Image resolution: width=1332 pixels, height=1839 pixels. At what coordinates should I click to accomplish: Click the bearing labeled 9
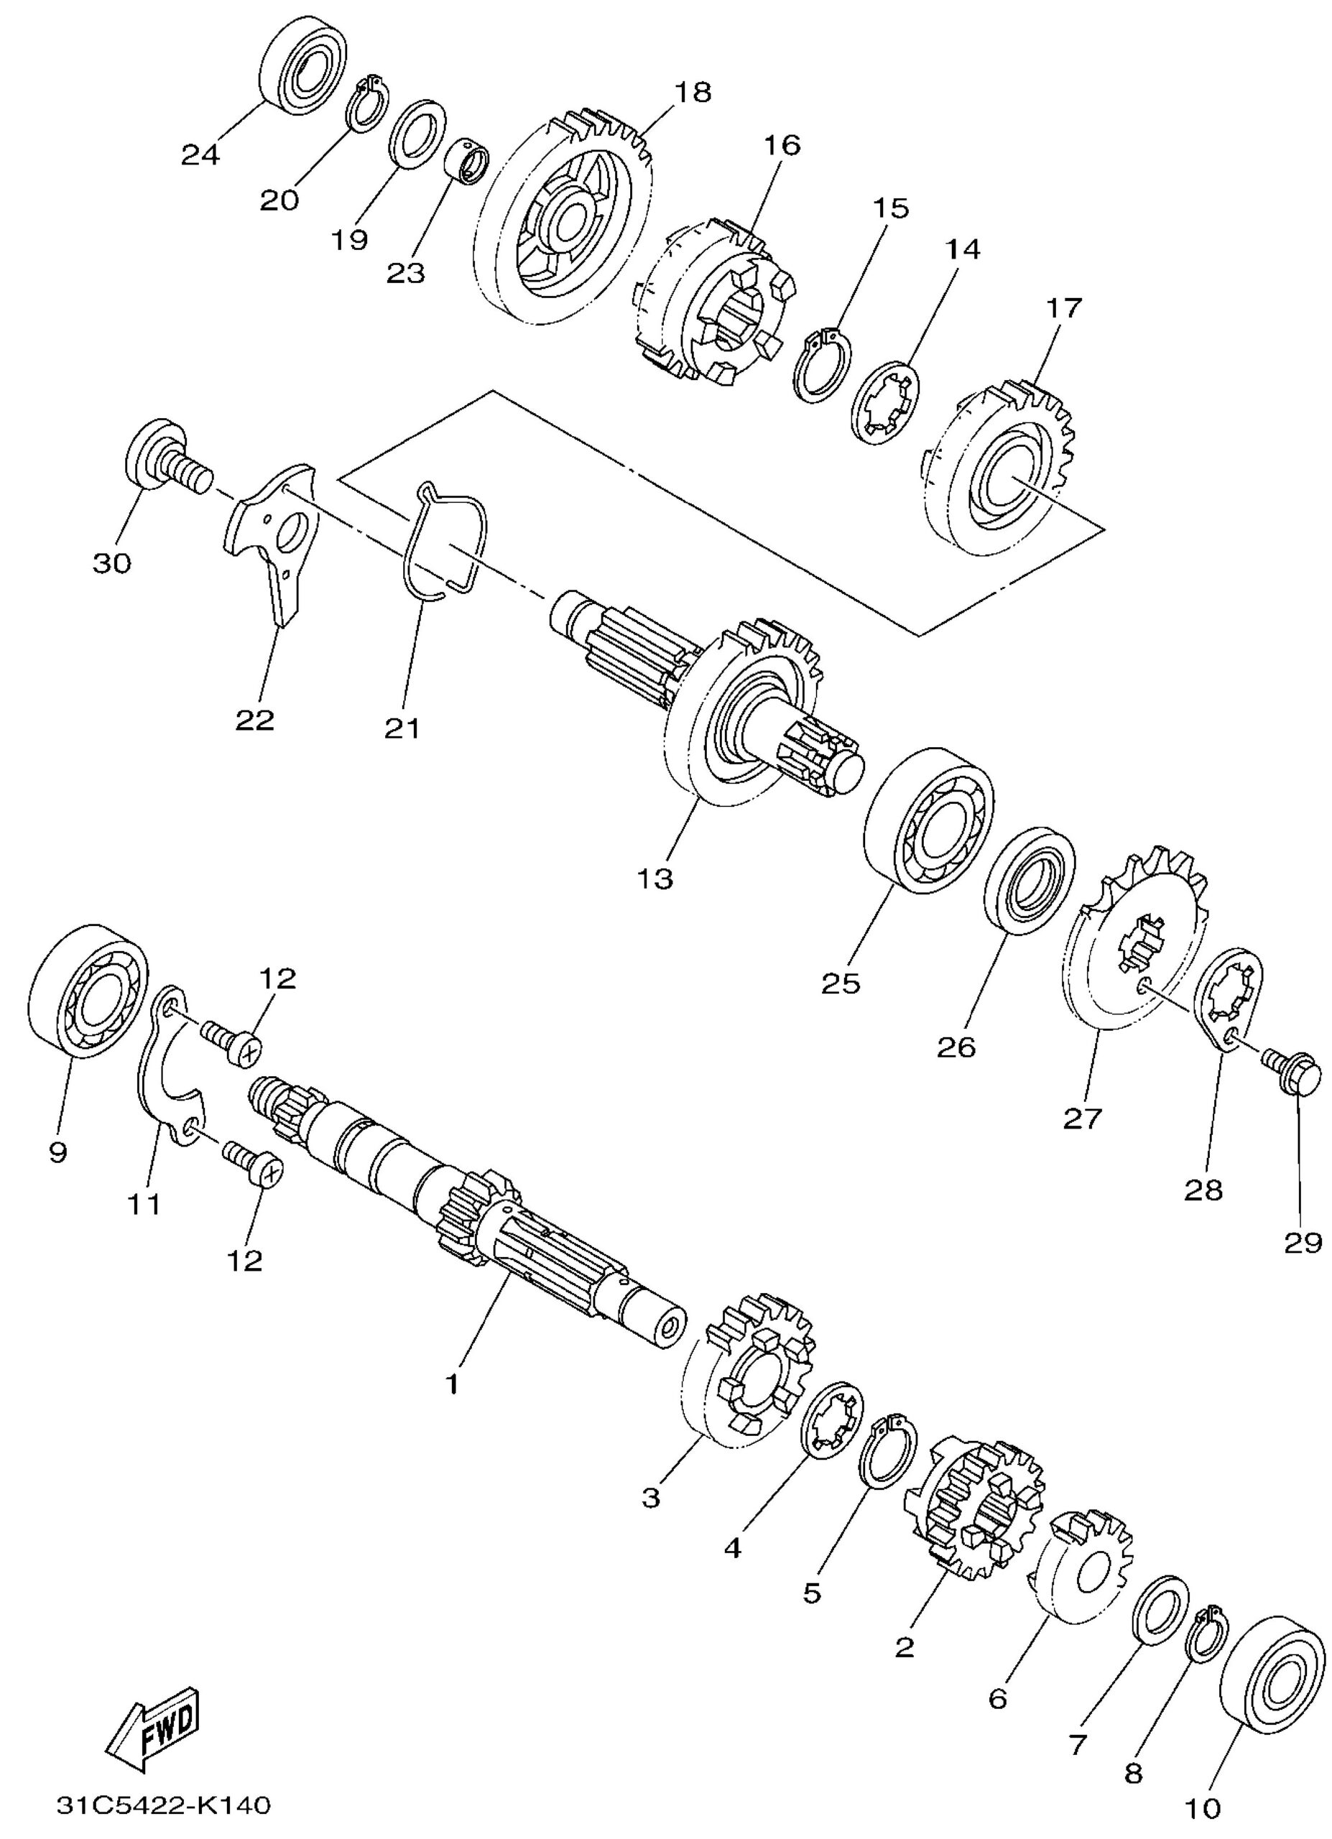click(x=88, y=991)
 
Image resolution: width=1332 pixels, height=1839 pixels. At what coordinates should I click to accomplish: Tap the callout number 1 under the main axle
click(x=453, y=1384)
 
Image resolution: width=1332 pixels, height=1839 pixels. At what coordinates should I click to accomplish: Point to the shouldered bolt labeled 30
click(x=168, y=458)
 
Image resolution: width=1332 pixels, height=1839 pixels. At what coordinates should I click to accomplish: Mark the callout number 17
click(x=1063, y=309)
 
